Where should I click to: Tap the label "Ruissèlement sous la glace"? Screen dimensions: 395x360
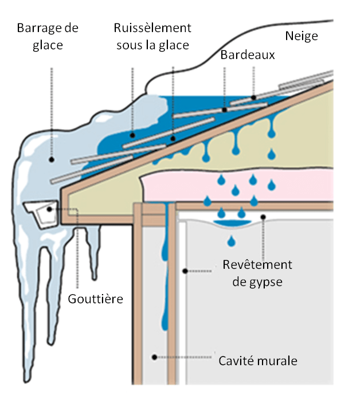152,36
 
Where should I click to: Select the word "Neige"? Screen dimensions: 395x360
302,37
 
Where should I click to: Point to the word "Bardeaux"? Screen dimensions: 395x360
248,56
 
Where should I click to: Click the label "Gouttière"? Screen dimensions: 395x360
96,299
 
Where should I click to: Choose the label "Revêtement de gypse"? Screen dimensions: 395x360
257,273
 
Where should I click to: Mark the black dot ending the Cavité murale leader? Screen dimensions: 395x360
154,357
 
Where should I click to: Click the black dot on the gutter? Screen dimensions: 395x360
50,209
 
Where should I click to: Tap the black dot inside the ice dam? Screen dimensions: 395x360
52,161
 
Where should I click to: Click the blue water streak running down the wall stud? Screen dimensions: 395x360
165,275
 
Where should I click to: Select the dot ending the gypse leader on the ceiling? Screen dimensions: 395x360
263,216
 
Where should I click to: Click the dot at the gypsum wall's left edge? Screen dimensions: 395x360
185,270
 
